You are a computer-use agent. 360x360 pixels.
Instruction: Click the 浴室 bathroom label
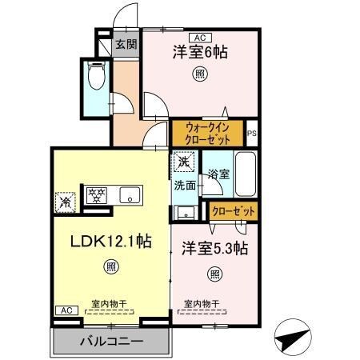click(217, 174)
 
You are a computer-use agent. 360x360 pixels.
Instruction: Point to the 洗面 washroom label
click(185, 185)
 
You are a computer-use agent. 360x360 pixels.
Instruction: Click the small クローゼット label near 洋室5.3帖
click(234, 211)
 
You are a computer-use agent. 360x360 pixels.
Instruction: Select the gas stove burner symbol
click(96, 194)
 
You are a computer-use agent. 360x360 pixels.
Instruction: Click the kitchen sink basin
click(128, 194)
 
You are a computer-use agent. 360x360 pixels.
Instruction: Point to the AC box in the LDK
click(66, 310)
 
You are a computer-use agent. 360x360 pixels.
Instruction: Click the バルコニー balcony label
click(112, 342)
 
